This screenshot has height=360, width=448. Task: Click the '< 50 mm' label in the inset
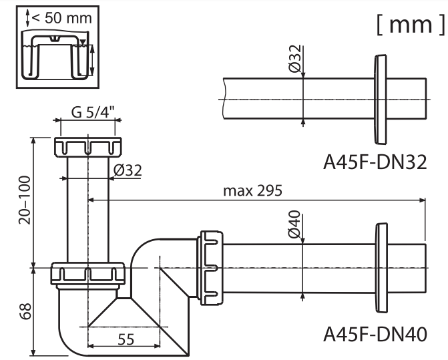pyautogui.click(x=61, y=18)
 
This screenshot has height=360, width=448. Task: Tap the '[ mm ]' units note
pyautogui.click(x=411, y=25)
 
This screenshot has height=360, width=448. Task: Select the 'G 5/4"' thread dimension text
pyautogui.click(x=93, y=112)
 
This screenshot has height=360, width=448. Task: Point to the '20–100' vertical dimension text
pyautogui.click(x=25, y=200)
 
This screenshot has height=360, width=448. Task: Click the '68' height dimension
pyautogui.click(x=25, y=311)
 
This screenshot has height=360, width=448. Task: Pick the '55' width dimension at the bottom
pyautogui.click(x=126, y=339)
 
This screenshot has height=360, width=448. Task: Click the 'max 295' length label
pyautogui.click(x=252, y=190)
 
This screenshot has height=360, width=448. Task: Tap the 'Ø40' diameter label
pyautogui.click(x=294, y=224)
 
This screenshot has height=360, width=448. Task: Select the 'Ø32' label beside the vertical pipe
pyautogui.click(x=128, y=170)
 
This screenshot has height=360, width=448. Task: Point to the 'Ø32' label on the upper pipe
pyautogui.click(x=295, y=59)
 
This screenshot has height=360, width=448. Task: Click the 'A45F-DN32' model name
pyautogui.click(x=375, y=162)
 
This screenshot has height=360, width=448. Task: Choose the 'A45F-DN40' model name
pyautogui.click(x=375, y=334)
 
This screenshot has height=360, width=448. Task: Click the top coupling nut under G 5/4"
pyautogui.click(x=88, y=147)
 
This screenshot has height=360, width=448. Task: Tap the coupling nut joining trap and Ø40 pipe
pyautogui.click(x=210, y=268)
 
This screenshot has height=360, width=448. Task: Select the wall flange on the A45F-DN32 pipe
pyautogui.click(x=381, y=100)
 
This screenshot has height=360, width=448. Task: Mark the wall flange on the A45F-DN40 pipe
pyautogui.click(x=381, y=268)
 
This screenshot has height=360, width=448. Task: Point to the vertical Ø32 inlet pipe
pyautogui.click(x=88, y=209)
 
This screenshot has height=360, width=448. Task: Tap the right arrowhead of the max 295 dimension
pyautogui.click(x=422, y=200)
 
